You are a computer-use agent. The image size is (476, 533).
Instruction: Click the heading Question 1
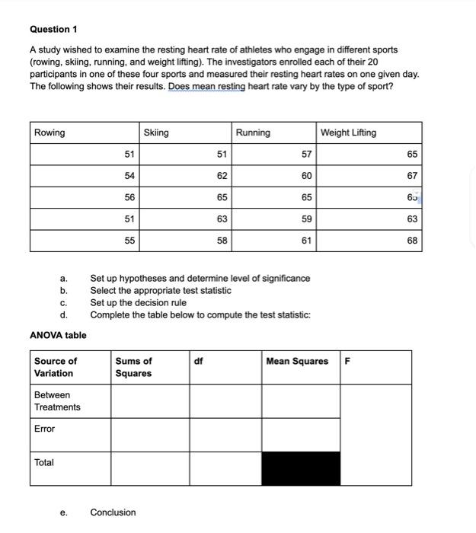point(53,29)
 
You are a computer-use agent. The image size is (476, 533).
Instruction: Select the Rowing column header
point(50,132)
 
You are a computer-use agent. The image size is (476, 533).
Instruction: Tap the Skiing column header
point(156,132)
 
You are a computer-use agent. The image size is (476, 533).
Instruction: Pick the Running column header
point(253,132)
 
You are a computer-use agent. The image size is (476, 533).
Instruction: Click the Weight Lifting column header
point(348,132)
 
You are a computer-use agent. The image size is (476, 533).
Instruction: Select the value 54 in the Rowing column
point(129,176)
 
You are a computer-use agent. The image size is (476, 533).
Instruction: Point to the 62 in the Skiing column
point(222,176)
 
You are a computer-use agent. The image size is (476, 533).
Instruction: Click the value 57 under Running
point(306,155)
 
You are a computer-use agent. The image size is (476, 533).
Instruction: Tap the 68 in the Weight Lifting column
point(412,241)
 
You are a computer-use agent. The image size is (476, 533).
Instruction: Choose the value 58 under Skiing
point(222,241)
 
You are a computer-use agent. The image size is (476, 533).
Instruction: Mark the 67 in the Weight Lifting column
point(412,176)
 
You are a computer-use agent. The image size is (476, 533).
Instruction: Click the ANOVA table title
point(58,335)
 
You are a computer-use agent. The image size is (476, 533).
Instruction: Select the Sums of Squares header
point(133,367)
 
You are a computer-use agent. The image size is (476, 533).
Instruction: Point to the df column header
point(198,361)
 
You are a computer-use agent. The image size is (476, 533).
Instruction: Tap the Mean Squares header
point(297,361)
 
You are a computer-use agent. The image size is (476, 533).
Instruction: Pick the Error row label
point(45,429)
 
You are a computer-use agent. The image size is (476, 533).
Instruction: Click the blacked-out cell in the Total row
point(301,468)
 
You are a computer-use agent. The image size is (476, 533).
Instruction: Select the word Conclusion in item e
point(113,512)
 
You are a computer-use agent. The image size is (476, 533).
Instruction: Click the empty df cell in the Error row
point(225,435)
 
